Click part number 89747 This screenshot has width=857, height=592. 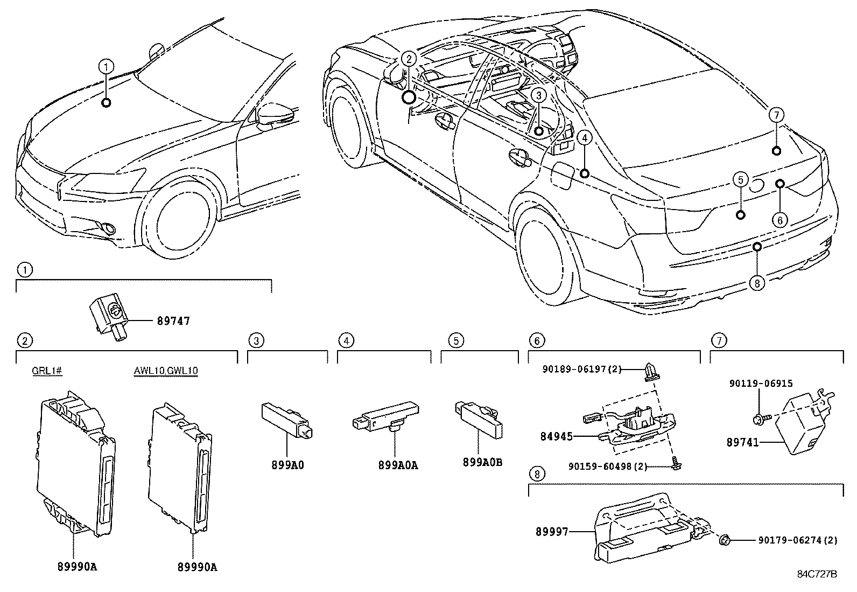coord(173,321)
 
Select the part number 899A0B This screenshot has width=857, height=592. coord(482,462)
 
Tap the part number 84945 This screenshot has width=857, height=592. coord(557,436)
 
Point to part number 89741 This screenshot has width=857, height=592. coord(742,442)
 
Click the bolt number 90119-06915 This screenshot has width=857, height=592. coord(761,384)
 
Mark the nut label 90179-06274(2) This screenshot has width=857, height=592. coord(798,540)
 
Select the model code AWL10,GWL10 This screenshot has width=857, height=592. coord(166,371)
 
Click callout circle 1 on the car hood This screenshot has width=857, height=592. coord(107,67)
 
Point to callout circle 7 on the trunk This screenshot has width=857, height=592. coord(776,115)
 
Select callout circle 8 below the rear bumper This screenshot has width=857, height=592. coord(756,283)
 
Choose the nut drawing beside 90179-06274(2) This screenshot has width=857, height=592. coord(725,539)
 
